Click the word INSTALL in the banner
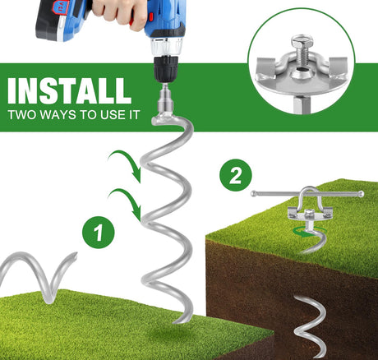point(69,91)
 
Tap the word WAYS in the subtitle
point(58,115)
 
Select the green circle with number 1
point(99,233)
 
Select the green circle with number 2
point(236,175)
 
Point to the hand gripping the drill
point(118,12)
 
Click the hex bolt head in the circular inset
point(302,42)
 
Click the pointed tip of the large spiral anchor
point(174,323)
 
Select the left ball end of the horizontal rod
point(253,194)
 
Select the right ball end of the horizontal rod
point(361,194)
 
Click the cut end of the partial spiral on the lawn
point(74,255)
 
